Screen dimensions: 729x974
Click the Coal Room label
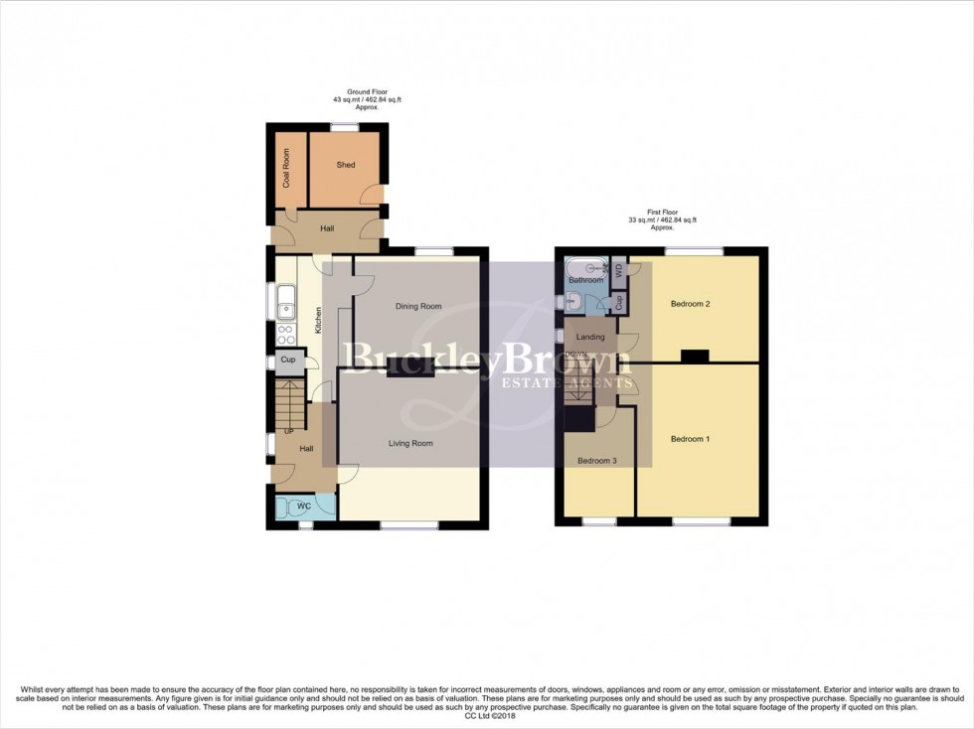coord(287,168)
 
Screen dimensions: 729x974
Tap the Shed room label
coord(346,165)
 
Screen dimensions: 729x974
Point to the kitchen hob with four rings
coord(285,333)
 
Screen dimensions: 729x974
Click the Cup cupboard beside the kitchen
coord(288,360)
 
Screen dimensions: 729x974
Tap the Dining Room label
coord(417,306)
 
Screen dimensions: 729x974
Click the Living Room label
coord(410,443)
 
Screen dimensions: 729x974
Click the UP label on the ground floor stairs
coord(289,431)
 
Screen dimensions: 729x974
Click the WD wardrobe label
coord(617,269)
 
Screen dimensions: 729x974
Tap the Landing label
coord(590,338)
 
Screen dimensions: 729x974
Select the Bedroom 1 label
coord(690,439)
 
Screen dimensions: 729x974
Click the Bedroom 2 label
coord(690,304)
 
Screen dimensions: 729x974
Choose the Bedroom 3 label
coord(597,461)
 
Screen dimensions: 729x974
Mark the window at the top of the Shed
coord(345,126)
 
